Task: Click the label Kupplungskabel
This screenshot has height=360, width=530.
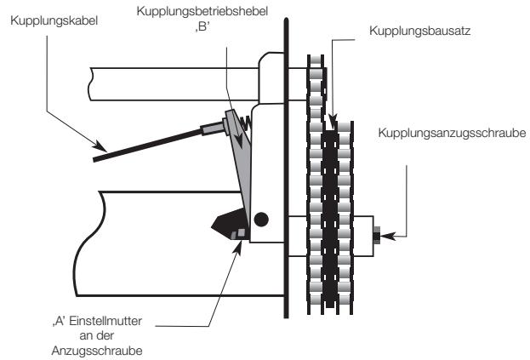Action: (x=54, y=21)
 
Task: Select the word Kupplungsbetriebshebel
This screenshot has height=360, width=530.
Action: (x=202, y=12)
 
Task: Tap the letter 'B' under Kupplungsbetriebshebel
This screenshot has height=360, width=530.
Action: (x=202, y=26)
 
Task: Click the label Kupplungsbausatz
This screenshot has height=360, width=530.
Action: (x=419, y=31)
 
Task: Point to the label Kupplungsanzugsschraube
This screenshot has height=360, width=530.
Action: (x=452, y=133)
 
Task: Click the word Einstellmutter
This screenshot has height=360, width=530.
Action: (x=105, y=321)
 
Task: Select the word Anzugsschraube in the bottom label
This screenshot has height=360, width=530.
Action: (x=97, y=351)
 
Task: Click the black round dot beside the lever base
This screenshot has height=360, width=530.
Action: (x=261, y=220)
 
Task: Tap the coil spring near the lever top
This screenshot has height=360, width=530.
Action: (x=246, y=123)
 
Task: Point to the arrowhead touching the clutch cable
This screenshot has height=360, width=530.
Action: (x=100, y=146)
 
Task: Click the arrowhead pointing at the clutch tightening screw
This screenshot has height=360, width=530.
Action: (x=387, y=236)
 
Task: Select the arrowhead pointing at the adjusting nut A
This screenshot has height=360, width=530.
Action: (x=238, y=247)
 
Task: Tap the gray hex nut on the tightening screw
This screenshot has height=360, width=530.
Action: (x=377, y=235)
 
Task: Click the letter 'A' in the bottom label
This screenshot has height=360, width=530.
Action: (x=60, y=321)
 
